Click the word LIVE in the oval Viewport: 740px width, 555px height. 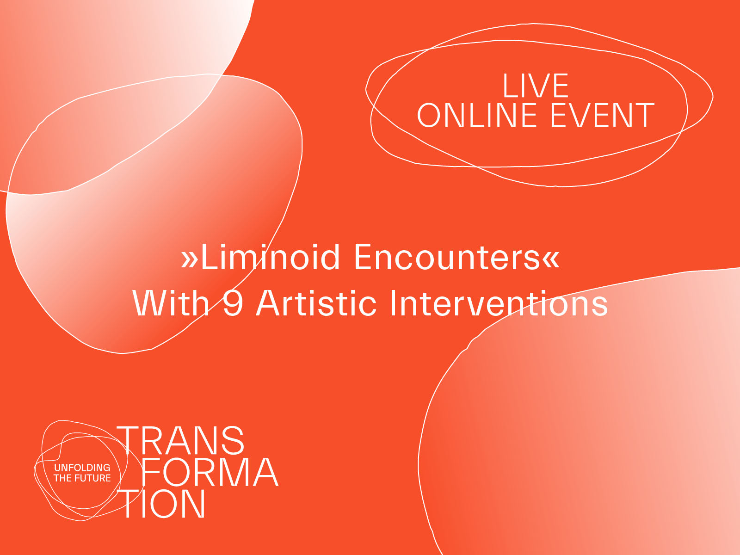click(536, 86)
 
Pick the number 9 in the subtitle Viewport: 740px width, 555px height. click(233, 303)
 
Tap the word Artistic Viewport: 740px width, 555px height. click(316, 303)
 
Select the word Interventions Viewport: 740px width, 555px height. click(499, 303)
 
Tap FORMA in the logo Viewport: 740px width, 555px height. click(209, 472)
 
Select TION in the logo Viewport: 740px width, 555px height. click(164, 504)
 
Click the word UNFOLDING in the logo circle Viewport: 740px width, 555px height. click(82, 468)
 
